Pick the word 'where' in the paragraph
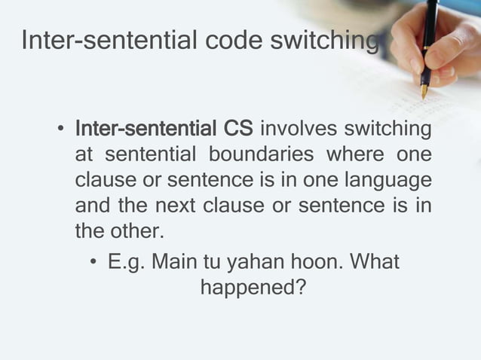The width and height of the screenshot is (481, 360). coord(351,156)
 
